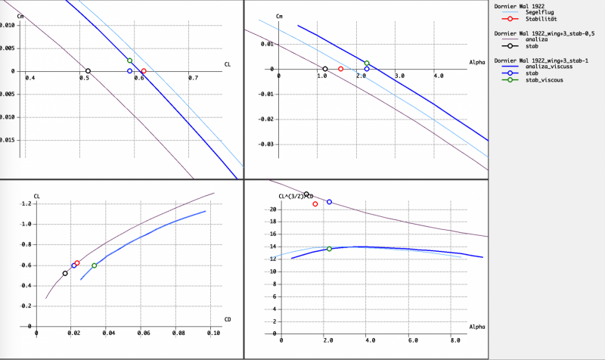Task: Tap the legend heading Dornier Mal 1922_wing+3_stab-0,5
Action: pos(538,33)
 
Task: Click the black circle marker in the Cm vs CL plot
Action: pos(88,71)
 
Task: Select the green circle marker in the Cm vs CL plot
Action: pos(130,61)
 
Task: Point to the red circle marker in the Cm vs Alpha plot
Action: pos(340,69)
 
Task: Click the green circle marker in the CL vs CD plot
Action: pos(95,265)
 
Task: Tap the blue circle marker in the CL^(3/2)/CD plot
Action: pos(329,202)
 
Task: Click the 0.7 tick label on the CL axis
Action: pos(193,78)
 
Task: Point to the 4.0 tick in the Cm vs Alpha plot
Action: pos(438,76)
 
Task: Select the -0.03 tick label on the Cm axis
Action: pos(266,144)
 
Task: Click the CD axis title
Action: pos(227,319)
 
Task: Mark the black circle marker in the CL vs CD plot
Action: pos(65,273)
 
